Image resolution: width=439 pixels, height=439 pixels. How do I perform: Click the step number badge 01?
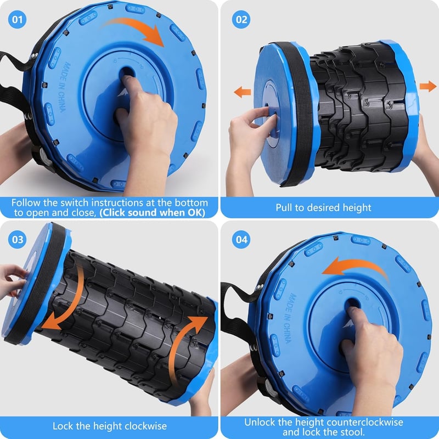[17, 19]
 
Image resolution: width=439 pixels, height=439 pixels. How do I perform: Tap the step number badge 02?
[241, 19]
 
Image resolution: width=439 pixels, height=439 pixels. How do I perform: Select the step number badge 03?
[17, 239]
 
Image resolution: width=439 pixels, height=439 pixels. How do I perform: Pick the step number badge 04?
[241, 239]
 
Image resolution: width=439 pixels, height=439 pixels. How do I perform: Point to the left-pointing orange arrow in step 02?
[243, 92]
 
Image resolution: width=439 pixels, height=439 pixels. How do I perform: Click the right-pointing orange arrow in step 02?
[428, 86]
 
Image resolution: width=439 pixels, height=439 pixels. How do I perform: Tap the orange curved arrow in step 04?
[356, 264]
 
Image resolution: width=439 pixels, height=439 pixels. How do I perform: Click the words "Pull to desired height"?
[323, 207]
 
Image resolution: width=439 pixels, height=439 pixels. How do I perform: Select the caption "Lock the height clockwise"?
[109, 426]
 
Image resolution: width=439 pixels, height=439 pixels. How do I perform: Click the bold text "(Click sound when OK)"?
[153, 212]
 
